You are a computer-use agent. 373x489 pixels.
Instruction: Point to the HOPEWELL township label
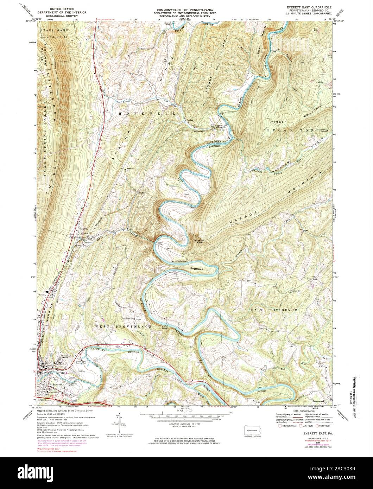(x=139, y=114)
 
